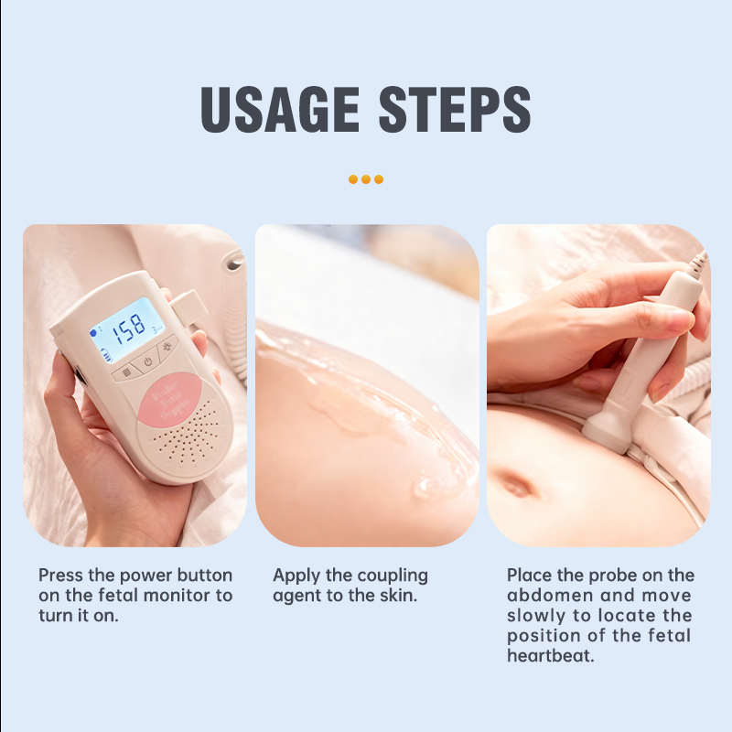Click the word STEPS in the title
point(455,110)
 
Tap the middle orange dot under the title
point(366,179)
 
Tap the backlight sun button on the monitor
point(167,350)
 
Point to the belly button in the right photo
point(516,482)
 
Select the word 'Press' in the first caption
point(62,576)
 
